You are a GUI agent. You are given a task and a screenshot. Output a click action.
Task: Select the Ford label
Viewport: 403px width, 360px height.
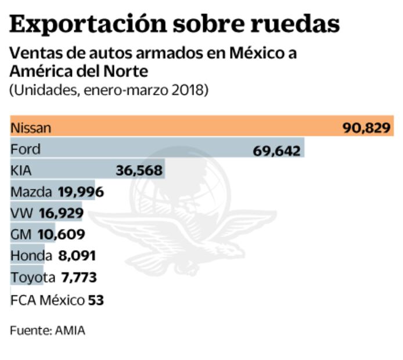(26, 150)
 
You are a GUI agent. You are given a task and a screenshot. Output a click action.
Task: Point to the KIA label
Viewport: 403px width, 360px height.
(21, 171)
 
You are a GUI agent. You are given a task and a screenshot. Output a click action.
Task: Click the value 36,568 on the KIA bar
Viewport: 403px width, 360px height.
(140, 171)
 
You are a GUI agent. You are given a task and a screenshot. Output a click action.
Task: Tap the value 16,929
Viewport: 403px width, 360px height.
(61, 214)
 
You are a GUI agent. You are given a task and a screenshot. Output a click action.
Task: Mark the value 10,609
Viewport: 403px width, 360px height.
(61, 235)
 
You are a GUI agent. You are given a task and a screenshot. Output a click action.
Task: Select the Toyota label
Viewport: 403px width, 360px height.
(33, 277)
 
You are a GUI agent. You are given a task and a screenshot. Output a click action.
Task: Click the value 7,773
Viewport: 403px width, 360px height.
(79, 278)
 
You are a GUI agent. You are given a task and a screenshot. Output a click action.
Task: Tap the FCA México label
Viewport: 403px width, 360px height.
(47, 300)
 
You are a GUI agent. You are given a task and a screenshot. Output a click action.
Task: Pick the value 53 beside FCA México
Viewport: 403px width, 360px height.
(96, 300)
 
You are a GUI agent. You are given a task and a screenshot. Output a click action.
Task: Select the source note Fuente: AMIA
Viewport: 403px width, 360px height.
(47, 330)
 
